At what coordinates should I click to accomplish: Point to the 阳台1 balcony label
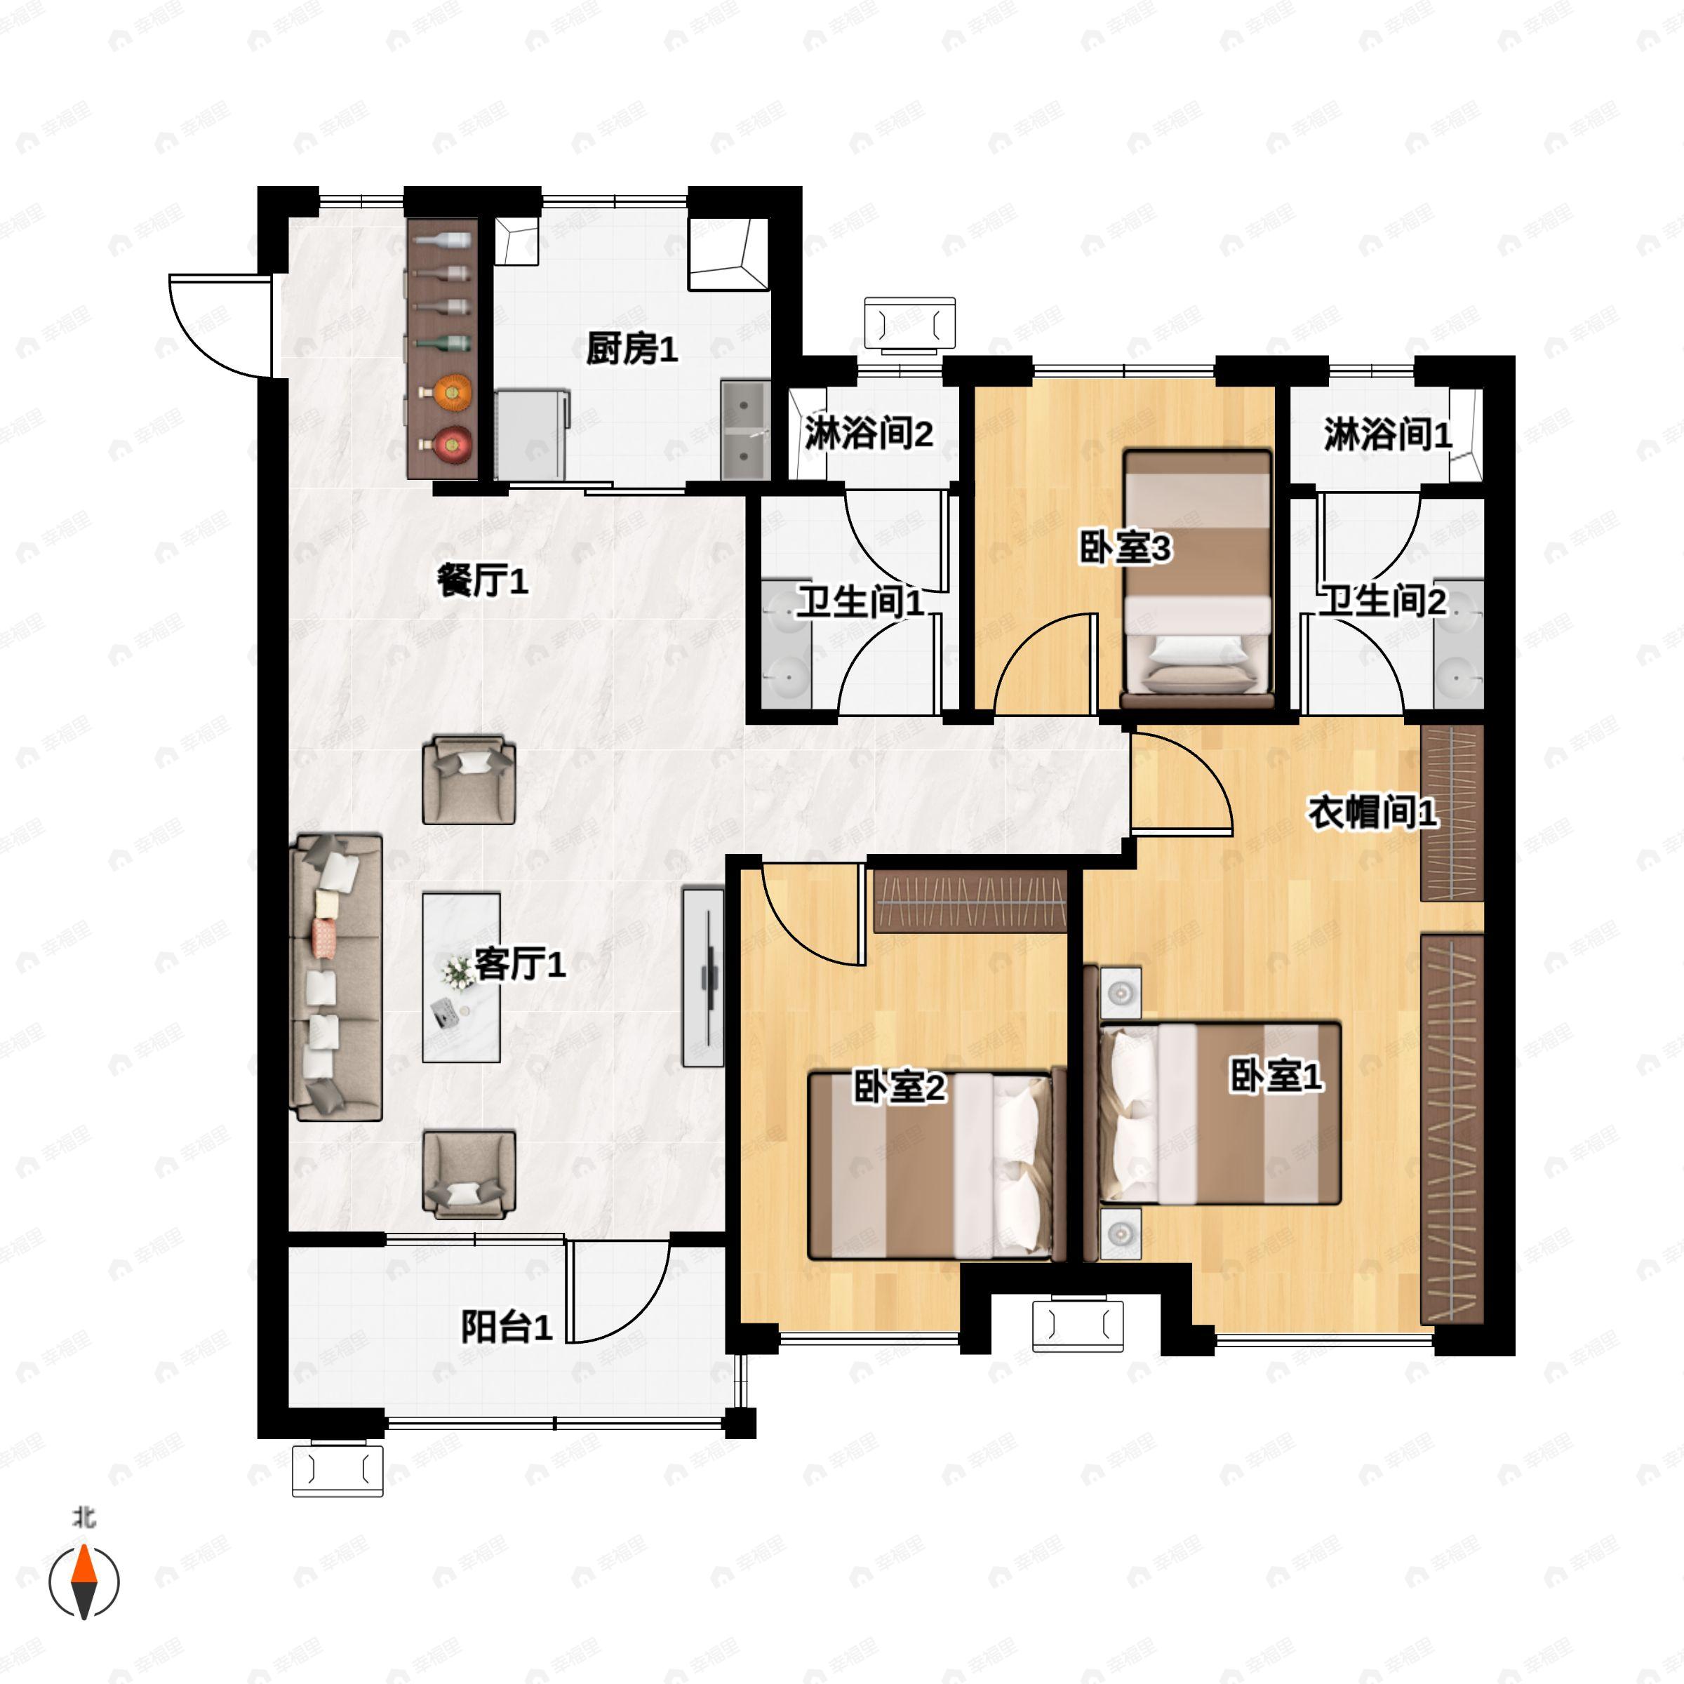click(x=507, y=1328)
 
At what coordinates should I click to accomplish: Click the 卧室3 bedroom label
click(x=1125, y=548)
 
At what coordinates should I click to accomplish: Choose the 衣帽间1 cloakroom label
click(x=1372, y=813)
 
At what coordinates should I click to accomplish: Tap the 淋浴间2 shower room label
click(x=868, y=432)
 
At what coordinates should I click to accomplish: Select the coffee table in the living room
click(x=461, y=977)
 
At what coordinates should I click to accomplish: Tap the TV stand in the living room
click(x=702, y=977)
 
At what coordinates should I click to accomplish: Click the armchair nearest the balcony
click(x=469, y=1174)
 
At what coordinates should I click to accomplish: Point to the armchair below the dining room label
click(x=469, y=780)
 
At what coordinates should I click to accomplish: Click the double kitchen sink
click(x=745, y=429)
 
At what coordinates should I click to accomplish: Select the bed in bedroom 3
click(x=1198, y=579)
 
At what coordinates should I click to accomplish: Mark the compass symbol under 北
click(x=83, y=1580)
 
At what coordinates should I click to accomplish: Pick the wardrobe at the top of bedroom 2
click(x=971, y=900)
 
